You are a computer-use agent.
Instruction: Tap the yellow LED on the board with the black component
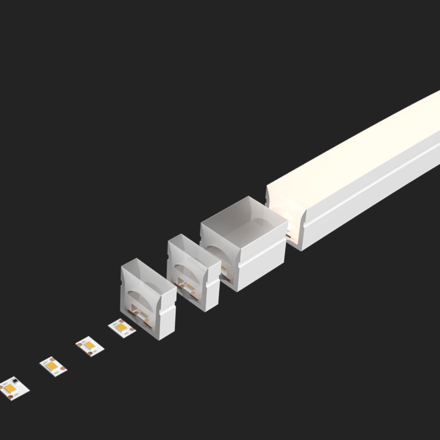coord(9,388)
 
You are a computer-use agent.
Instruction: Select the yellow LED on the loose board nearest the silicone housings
coord(121,327)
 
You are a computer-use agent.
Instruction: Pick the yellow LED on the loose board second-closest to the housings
coord(89,345)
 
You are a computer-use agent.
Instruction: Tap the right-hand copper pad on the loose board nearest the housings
coord(132,329)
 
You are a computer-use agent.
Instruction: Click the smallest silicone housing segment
coord(147,297)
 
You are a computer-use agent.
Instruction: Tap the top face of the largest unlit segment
coord(244,214)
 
